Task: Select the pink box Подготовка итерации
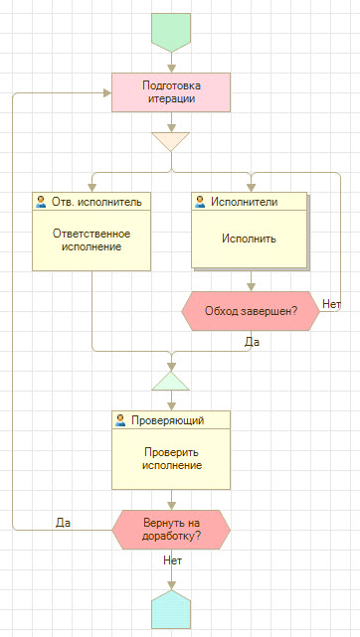click(x=171, y=91)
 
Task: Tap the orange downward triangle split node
click(x=171, y=140)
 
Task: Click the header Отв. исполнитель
click(x=95, y=201)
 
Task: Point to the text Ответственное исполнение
click(x=90, y=239)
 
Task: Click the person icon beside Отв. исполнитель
click(x=41, y=201)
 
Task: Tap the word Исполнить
click(x=249, y=239)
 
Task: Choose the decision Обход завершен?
click(x=250, y=309)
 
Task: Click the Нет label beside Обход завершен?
click(x=331, y=303)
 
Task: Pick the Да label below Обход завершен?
click(x=252, y=341)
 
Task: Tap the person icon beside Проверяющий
click(x=120, y=420)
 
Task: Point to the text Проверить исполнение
click(x=171, y=458)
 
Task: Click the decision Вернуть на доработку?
click(x=171, y=529)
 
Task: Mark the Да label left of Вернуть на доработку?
click(x=63, y=522)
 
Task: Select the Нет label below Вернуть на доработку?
click(x=171, y=560)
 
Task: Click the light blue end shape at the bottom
click(x=171, y=609)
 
